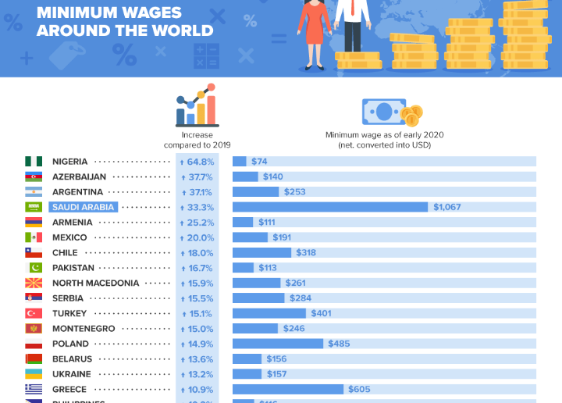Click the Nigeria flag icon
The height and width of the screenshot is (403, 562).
(x=33, y=162)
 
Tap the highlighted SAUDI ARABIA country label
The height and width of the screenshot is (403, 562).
(x=84, y=207)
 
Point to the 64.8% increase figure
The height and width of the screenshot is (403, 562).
(x=198, y=162)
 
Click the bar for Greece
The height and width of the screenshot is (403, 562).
(x=288, y=389)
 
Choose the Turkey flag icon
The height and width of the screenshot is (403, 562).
(x=33, y=313)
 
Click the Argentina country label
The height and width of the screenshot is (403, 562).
(x=77, y=192)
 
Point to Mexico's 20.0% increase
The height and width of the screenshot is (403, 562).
(x=198, y=237)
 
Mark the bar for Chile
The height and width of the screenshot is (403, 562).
(x=261, y=252)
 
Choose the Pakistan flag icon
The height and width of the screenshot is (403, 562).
(x=33, y=268)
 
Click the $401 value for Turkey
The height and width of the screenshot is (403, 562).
(x=321, y=313)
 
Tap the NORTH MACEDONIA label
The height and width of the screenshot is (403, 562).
(x=95, y=283)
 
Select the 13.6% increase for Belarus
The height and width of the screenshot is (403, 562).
(x=198, y=359)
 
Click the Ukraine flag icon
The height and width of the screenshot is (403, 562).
(x=33, y=374)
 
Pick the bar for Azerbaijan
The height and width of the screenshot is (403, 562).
(x=245, y=177)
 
